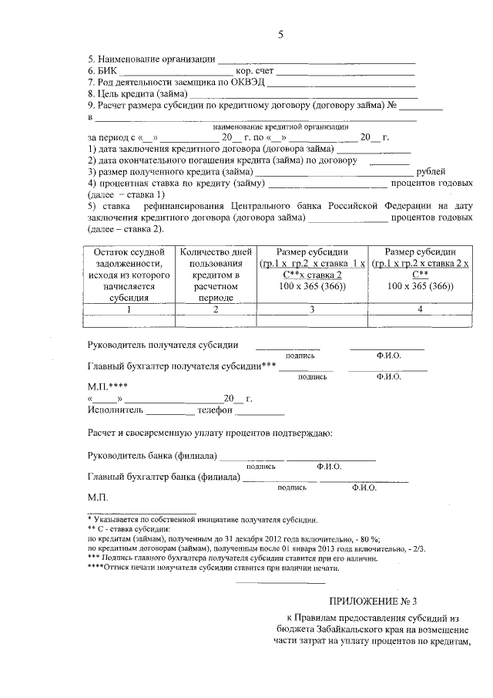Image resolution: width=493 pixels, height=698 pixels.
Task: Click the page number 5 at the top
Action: [281, 35]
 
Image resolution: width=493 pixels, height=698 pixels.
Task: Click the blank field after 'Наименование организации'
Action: [317, 59]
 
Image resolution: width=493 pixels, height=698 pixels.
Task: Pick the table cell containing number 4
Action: [420, 309]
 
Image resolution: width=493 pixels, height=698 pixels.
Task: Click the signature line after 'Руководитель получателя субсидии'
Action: [287, 347]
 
